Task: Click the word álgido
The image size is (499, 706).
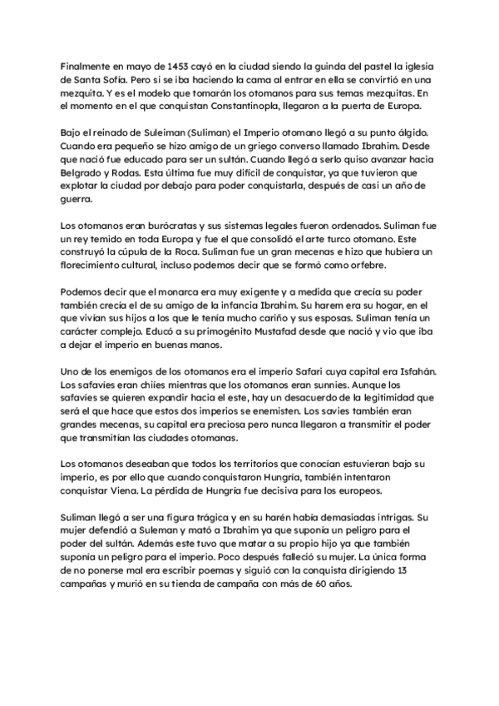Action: click(x=410, y=133)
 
